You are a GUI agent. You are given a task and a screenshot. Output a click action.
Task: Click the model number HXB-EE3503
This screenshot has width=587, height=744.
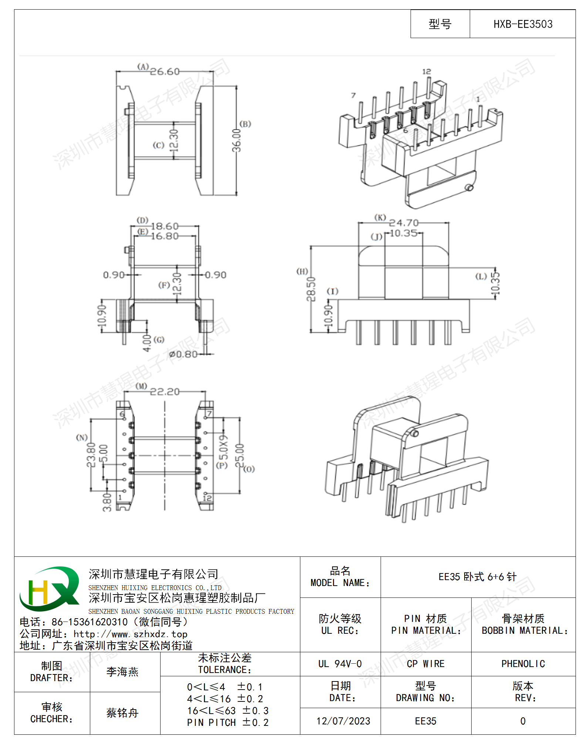point(523,24)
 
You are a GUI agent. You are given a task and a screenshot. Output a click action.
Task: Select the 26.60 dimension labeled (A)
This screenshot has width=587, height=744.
point(165,71)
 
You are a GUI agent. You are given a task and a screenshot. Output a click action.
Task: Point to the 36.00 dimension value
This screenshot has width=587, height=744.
point(236,141)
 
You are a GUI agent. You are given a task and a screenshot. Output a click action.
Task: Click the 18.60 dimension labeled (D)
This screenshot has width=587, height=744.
point(165,226)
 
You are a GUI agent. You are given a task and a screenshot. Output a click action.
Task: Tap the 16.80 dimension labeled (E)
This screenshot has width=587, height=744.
point(165,236)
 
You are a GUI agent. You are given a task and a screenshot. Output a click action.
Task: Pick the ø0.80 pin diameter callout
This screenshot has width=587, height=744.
point(183,354)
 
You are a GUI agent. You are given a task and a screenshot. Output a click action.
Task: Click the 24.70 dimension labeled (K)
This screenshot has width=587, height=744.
point(404,223)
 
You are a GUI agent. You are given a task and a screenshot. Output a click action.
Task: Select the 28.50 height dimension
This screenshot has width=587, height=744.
point(311,289)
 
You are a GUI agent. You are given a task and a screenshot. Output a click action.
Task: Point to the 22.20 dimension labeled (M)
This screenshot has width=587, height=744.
point(165,391)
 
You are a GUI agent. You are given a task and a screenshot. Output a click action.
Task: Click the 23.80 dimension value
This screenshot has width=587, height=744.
point(91,455)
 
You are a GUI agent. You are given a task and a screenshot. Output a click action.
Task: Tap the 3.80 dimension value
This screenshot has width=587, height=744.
point(107,502)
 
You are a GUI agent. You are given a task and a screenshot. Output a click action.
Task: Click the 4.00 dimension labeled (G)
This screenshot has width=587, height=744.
point(147,343)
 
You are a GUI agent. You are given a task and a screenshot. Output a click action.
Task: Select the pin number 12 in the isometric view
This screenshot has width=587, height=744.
point(426,71)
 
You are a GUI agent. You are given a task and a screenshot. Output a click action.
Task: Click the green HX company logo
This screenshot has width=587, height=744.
point(50,589)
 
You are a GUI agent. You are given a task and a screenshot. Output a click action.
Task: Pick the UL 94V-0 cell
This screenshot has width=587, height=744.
point(340,664)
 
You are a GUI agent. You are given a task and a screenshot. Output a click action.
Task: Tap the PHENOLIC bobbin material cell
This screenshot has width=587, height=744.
point(523,664)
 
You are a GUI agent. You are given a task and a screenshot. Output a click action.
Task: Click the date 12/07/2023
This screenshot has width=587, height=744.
point(343,721)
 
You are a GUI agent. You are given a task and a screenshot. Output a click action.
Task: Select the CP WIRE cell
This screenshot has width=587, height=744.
point(425,664)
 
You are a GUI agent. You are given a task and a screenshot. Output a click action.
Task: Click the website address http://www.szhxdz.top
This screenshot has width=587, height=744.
point(130,634)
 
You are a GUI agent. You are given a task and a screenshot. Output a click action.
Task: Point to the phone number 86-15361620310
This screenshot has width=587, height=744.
point(90,622)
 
